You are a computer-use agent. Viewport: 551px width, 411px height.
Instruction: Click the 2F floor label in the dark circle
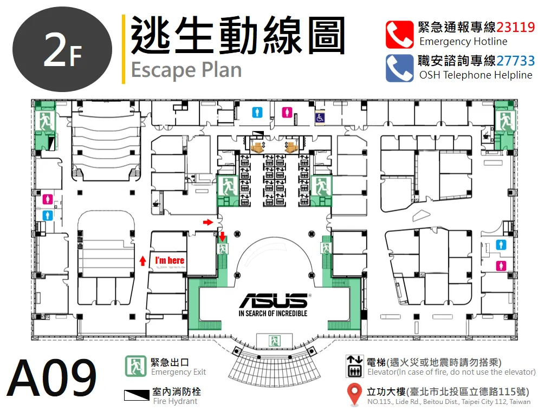[62, 51]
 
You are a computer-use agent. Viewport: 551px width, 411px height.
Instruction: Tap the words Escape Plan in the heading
[186, 70]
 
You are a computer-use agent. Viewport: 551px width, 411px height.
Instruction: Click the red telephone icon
[399, 35]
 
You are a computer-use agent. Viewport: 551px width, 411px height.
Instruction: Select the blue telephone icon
[399, 68]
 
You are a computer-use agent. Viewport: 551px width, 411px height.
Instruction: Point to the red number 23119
[515, 27]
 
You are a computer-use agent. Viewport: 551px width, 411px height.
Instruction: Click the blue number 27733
[515, 61]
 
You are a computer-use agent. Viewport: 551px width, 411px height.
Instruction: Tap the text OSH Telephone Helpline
[476, 75]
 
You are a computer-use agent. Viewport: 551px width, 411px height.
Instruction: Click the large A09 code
[51, 377]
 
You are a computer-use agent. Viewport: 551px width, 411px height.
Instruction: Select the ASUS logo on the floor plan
[274, 301]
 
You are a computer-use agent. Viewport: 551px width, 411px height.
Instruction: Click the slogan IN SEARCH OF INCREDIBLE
[273, 314]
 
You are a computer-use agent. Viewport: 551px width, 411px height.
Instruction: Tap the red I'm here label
[170, 260]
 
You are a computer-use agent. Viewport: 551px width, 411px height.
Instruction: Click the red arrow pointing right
[208, 222]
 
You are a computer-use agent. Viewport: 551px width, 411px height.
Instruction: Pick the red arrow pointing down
[222, 237]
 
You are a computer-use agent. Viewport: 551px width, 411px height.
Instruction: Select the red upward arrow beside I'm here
[142, 260]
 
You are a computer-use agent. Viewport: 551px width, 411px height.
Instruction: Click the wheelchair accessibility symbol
[320, 118]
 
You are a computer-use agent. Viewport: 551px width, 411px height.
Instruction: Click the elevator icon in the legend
[354, 367]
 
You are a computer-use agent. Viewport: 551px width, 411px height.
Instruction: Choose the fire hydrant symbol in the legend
[137, 395]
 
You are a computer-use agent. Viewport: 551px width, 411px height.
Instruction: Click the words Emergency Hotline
[463, 42]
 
